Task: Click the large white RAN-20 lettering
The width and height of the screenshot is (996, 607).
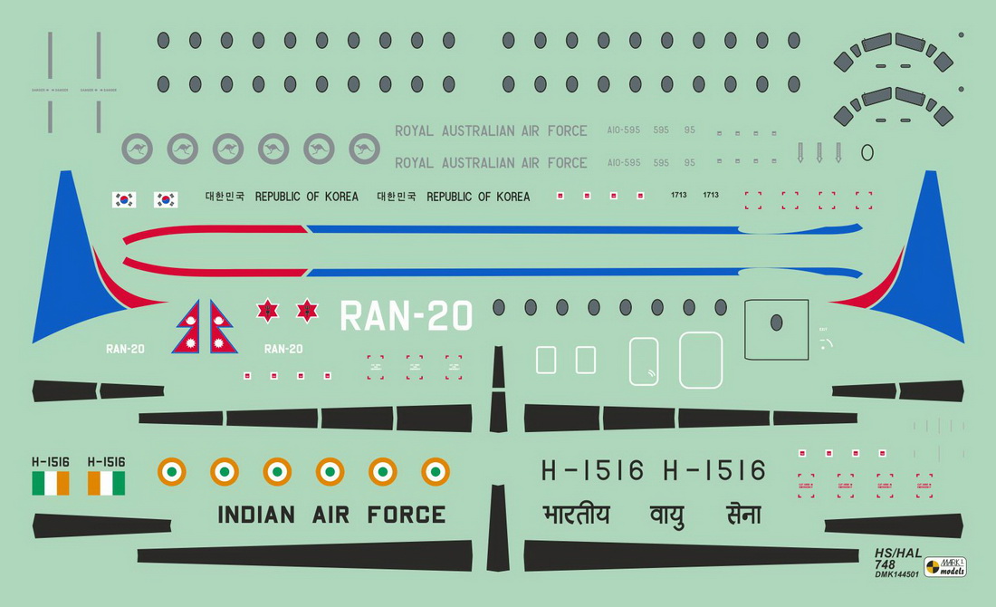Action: [x=406, y=316]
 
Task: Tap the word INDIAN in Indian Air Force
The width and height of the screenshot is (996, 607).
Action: [x=255, y=515]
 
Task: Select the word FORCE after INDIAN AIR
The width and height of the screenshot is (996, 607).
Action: [x=406, y=515]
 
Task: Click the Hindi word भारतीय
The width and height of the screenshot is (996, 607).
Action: [x=576, y=515]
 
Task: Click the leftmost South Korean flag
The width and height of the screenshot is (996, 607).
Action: [x=123, y=199]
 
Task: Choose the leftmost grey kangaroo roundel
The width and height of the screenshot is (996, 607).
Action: [x=138, y=149]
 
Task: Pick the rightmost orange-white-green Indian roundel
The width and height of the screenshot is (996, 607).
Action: [x=435, y=471]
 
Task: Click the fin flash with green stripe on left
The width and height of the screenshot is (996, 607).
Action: [x=51, y=483]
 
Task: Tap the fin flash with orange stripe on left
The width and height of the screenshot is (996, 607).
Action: [x=106, y=483]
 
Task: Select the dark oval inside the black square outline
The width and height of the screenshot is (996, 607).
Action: [x=775, y=322]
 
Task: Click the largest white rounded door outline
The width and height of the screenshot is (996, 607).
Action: [x=701, y=360]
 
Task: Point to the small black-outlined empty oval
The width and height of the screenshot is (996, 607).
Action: [x=867, y=152]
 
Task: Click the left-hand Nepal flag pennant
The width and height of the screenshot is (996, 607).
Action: [x=188, y=327]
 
